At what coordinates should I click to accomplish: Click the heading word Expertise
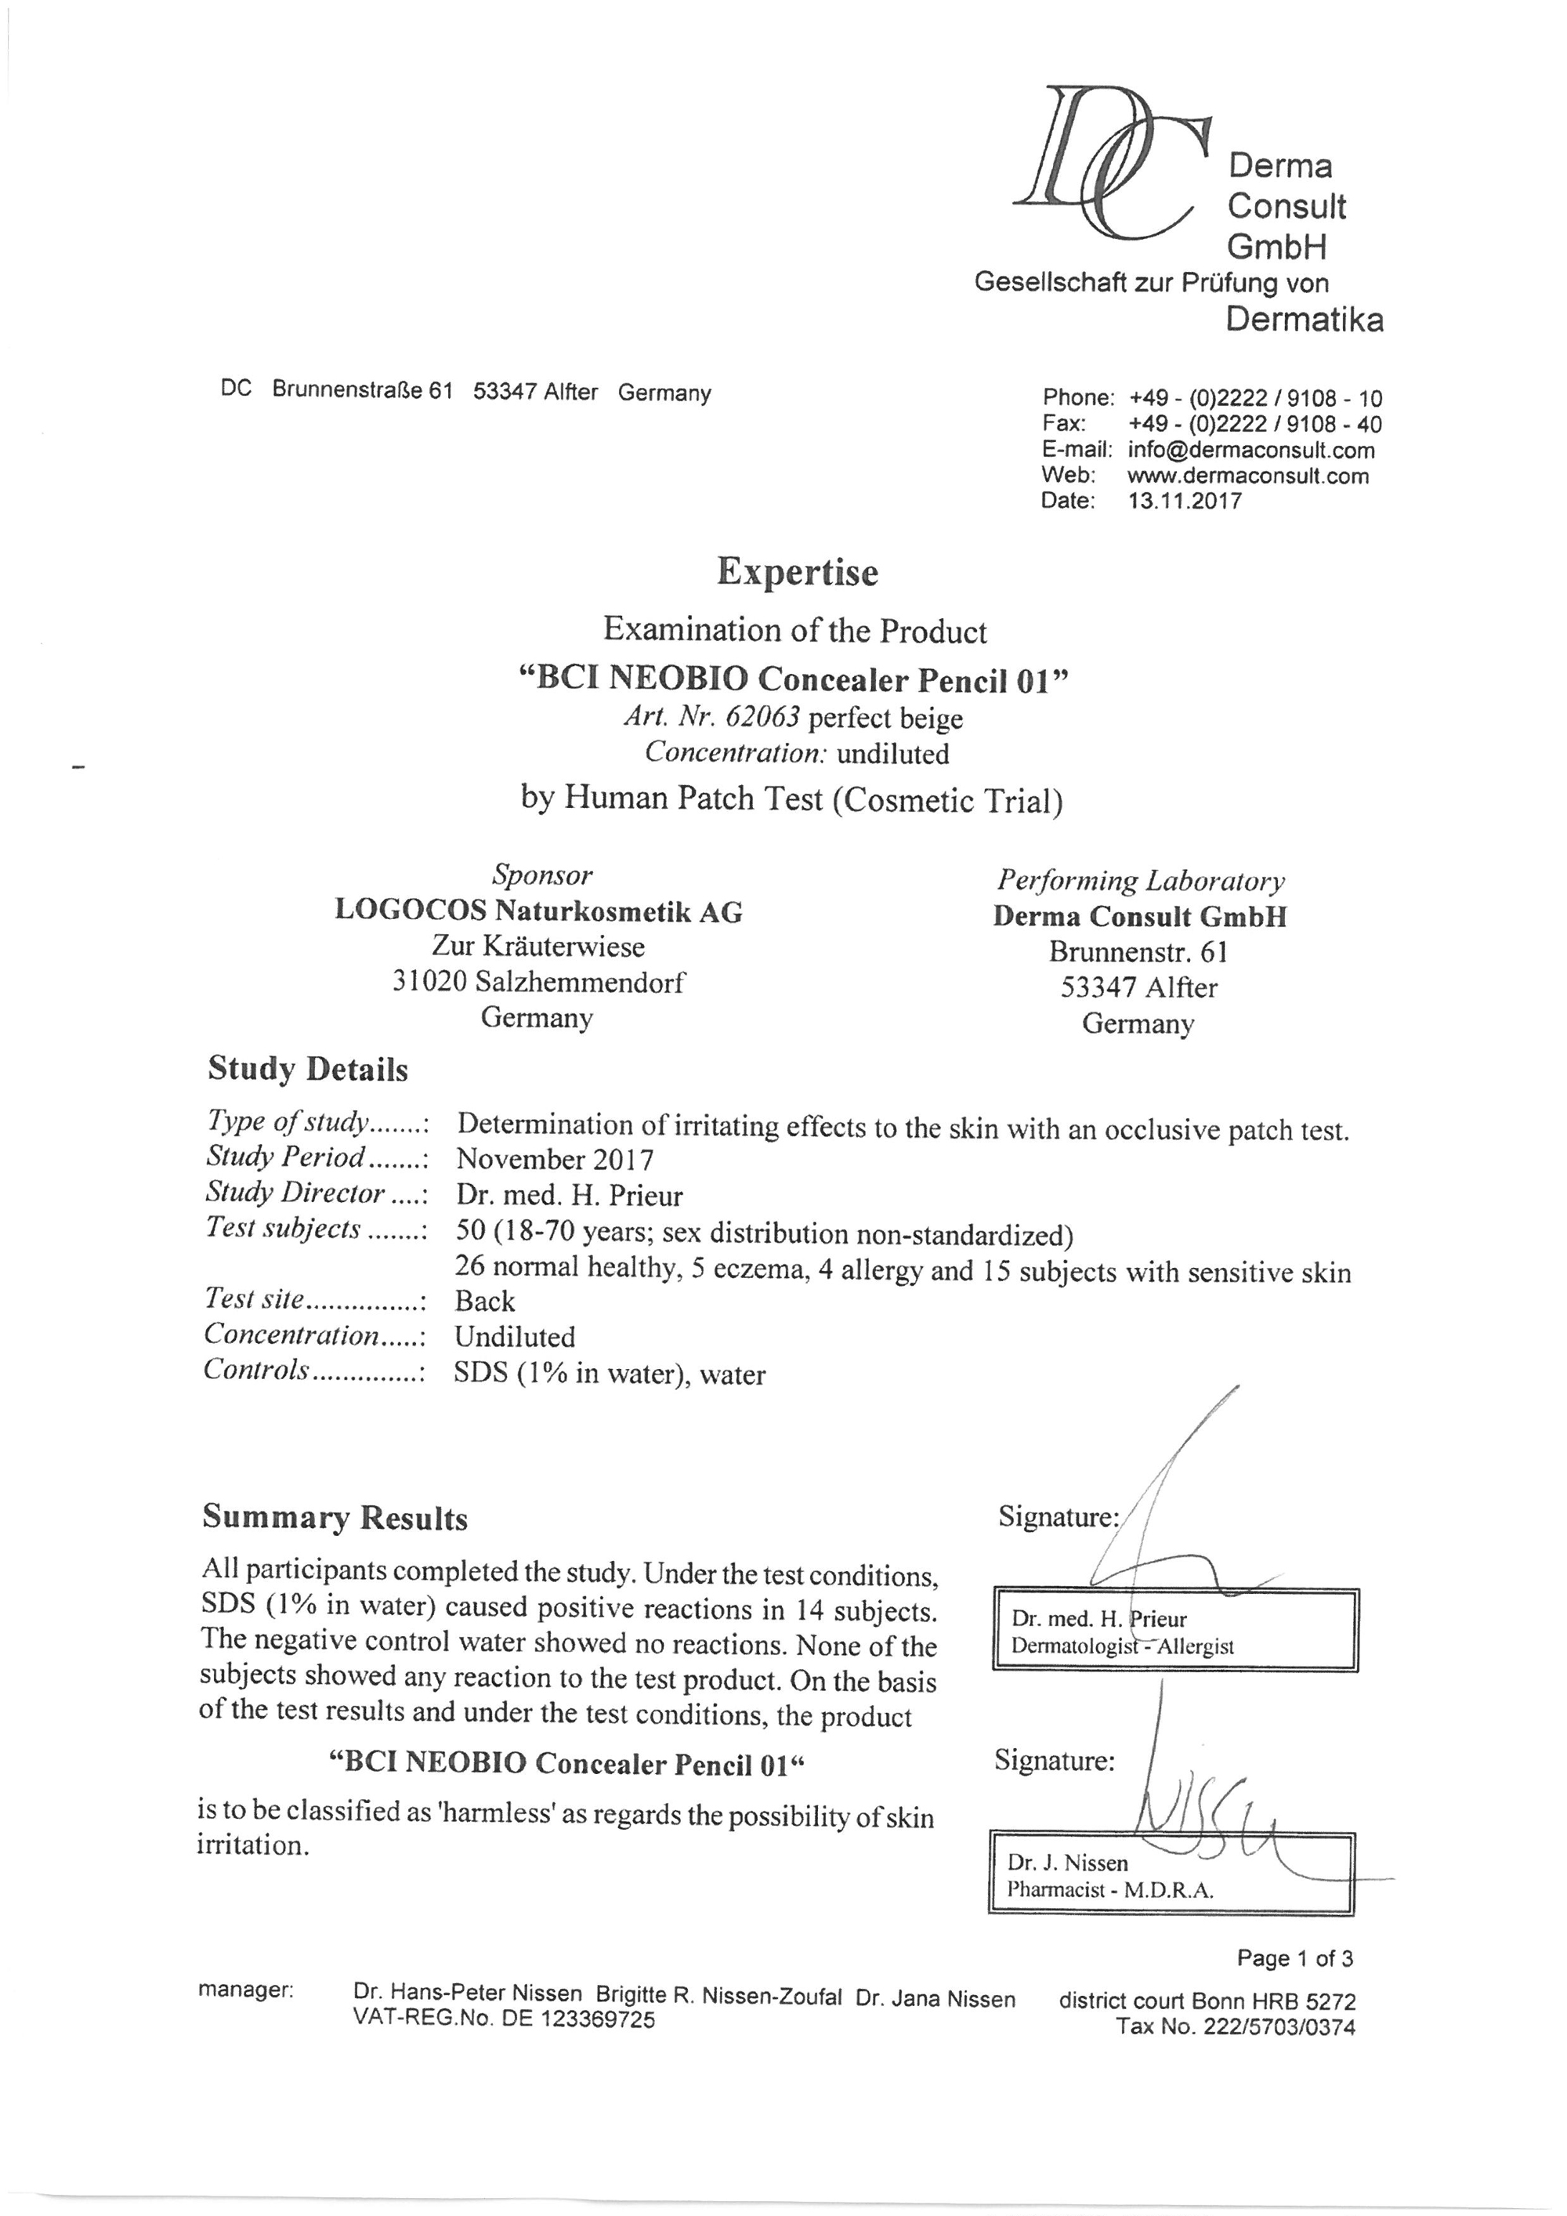click(797, 571)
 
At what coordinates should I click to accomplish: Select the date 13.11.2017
click(1184, 501)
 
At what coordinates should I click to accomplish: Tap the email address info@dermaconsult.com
click(1250, 450)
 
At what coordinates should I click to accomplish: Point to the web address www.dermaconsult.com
click(1247, 476)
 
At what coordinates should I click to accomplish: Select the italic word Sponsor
click(541, 874)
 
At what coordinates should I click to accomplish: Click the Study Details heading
click(308, 1070)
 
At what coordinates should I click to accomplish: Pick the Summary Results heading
click(335, 1517)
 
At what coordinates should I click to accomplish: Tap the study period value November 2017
click(554, 1158)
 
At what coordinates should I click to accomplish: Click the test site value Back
click(484, 1301)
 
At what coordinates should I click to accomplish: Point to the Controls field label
click(257, 1371)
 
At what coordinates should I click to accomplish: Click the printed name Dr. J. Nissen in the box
click(1067, 1863)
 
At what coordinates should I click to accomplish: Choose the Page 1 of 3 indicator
click(1295, 1958)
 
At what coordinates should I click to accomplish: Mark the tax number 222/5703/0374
click(1279, 2027)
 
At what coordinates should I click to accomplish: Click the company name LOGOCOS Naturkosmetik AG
click(538, 911)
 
